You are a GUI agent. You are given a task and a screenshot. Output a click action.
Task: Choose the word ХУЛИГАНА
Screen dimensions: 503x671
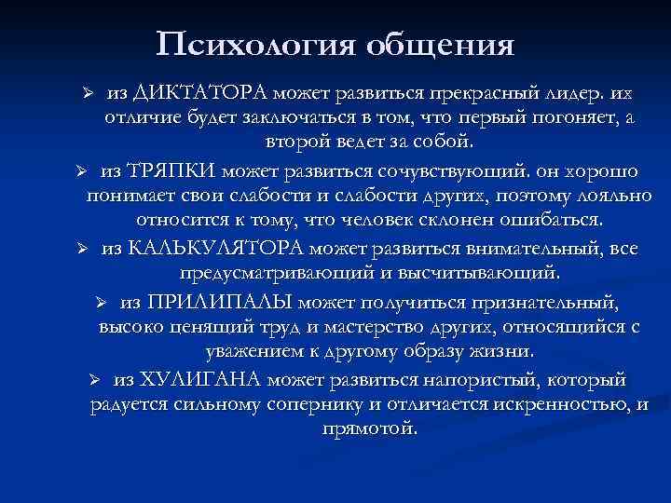(x=214, y=379)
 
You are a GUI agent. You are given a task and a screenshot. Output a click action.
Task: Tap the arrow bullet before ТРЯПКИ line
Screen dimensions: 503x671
(x=81, y=172)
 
